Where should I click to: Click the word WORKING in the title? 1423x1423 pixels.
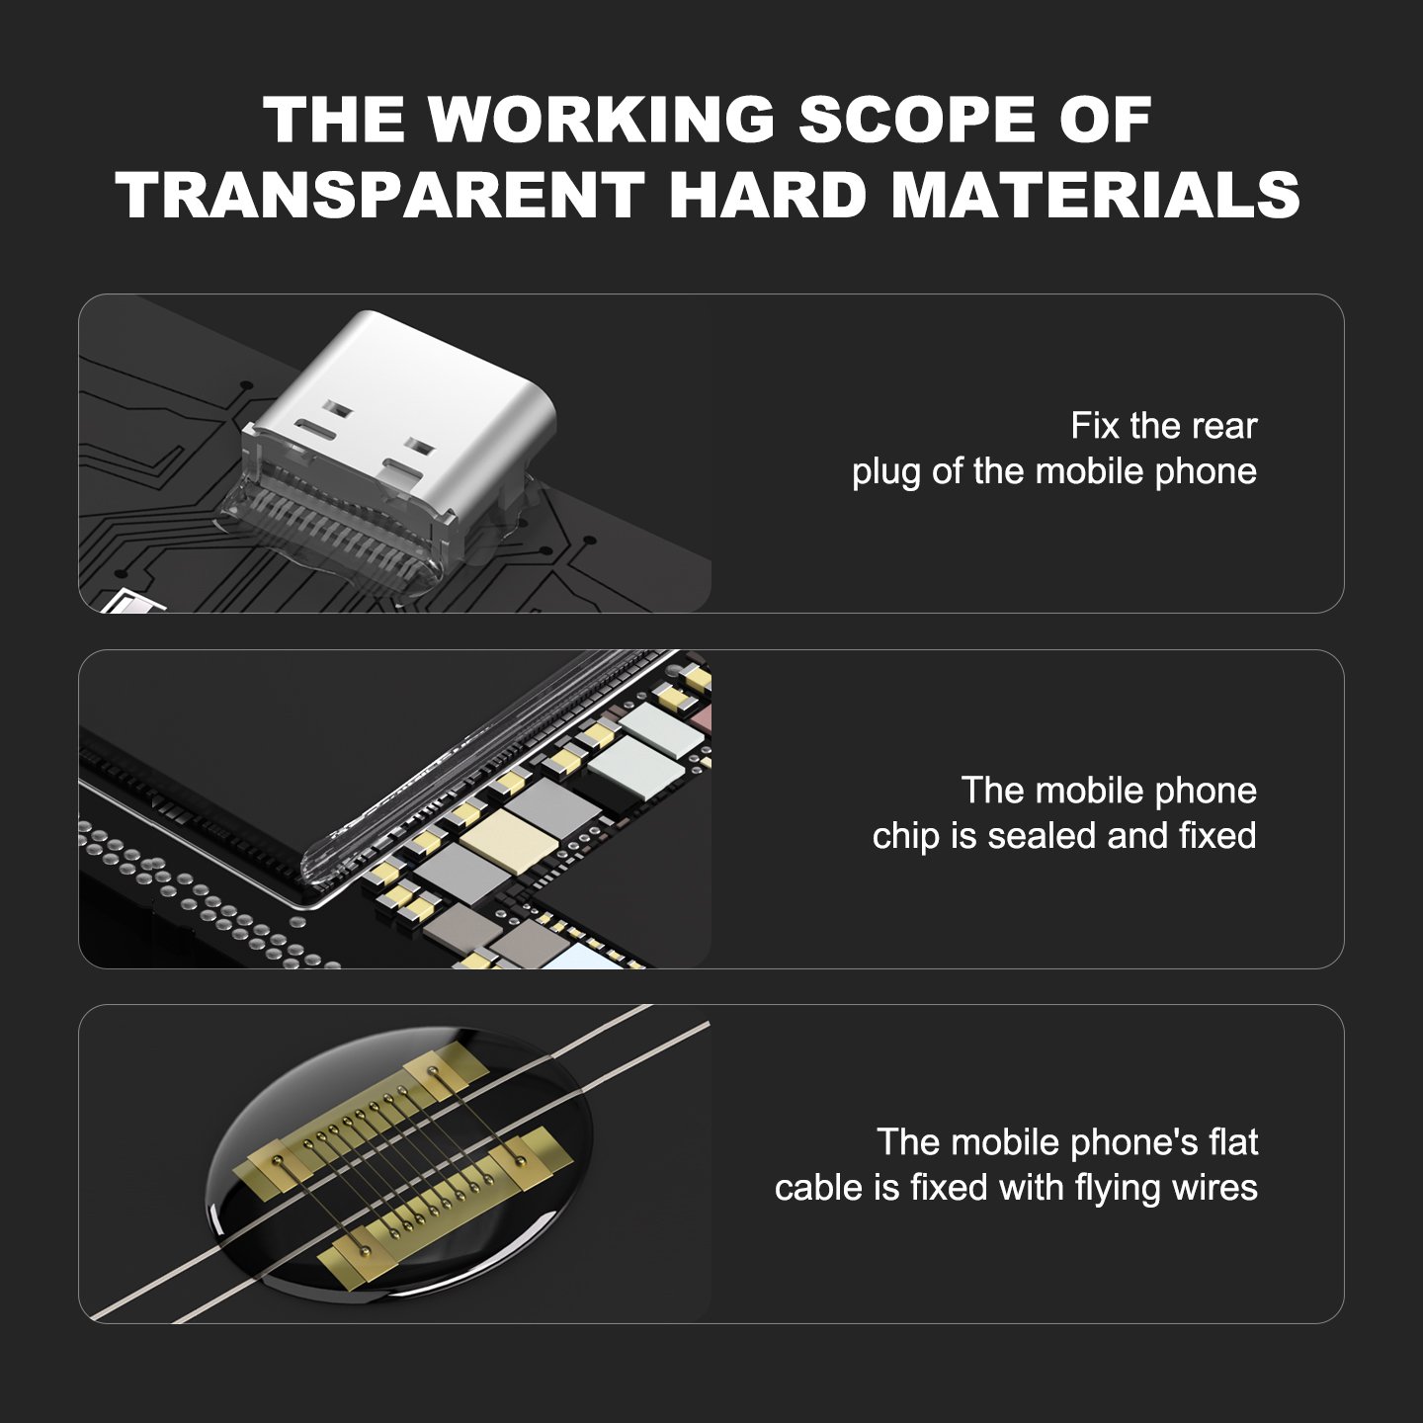click(x=601, y=119)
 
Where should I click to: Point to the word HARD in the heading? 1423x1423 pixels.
click(x=768, y=195)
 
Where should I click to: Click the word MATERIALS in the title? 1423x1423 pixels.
click(x=1096, y=195)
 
